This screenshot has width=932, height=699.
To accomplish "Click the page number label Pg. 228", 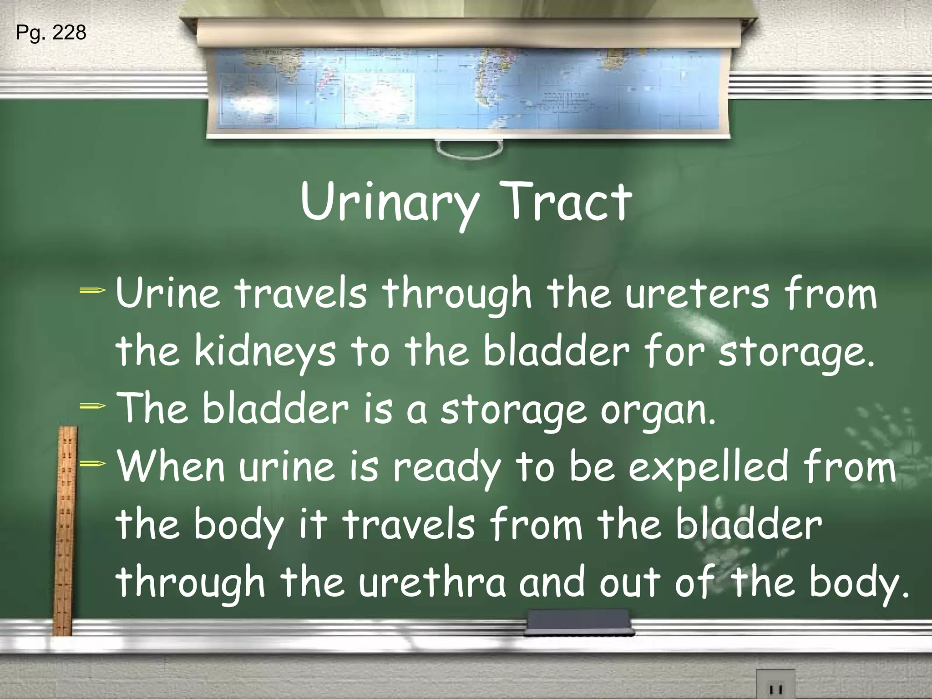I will [51, 33].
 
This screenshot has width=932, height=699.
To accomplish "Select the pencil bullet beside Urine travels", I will [93, 290].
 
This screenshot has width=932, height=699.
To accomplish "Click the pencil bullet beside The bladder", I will [93, 405].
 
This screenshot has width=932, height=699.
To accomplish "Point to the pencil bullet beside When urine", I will [93, 464].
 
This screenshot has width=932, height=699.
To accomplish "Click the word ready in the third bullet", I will [446, 469].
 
